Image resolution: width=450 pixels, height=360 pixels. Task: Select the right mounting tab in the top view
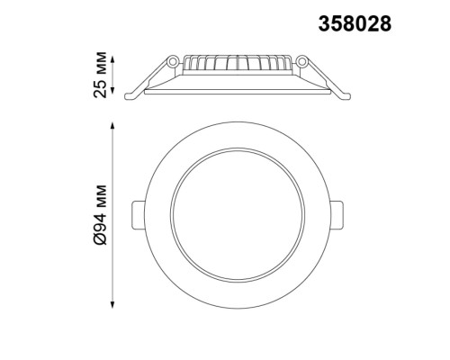click(339, 214)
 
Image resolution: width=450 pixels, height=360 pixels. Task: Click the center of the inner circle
click(238, 214)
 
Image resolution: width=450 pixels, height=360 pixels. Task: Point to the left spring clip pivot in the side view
click(172, 61)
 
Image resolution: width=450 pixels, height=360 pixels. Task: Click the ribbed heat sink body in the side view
click(238, 66)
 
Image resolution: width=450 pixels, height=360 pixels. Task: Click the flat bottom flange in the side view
click(238, 86)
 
